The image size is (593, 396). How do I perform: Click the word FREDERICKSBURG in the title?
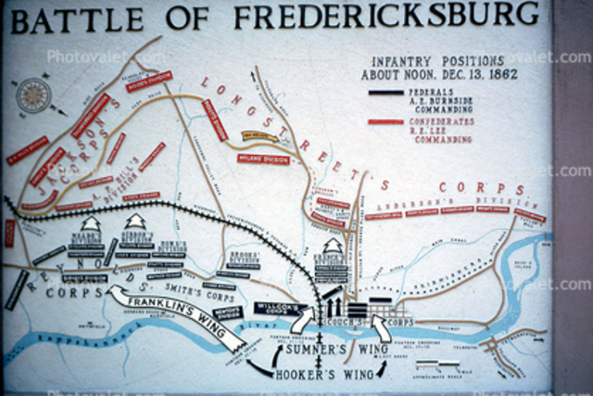[x=386, y=15]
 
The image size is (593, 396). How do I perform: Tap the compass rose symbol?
[x=33, y=95]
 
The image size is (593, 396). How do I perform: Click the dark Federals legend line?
[x=385, y=93]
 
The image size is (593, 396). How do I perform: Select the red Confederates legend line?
[x=385, y=121]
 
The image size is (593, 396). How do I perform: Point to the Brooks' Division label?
[x=243, y=256]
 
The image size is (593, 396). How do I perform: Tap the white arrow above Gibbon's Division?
[x=135, y=223]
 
